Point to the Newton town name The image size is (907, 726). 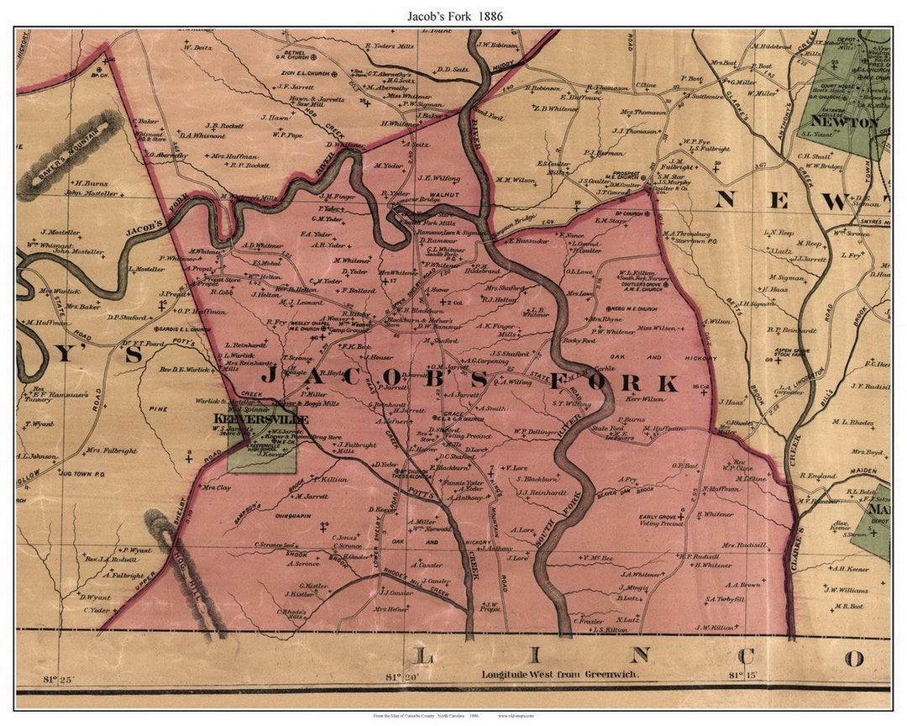(x=855, y=122)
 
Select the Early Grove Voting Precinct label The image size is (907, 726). (x=661, y=521)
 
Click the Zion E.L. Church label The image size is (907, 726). (x=304, y=74)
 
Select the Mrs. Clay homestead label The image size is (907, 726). (x=216, y=487)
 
